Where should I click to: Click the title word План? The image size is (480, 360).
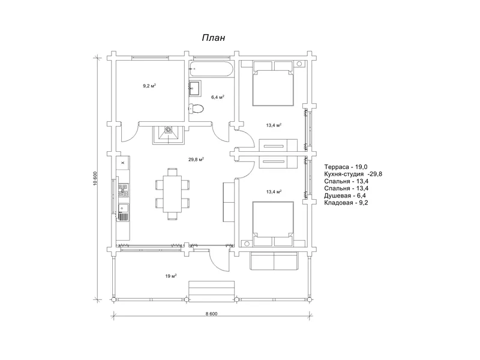coord(214,38)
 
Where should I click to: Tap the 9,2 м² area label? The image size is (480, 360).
coord(149,86)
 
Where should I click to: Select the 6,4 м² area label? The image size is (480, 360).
coord(218,97)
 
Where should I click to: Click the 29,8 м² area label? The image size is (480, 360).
coord(196,160)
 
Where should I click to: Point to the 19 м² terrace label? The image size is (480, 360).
coord(171,276)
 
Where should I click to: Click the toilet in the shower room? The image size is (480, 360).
coord(196,109)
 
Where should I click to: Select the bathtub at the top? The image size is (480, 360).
coord(211,69)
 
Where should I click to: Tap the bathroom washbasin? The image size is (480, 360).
coord(195,88)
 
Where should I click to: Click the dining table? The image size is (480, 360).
coord(172,194)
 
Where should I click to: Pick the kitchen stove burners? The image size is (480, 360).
coord(124,190)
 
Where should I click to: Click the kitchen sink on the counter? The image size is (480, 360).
coord(124,208)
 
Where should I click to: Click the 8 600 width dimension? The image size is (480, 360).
coord(212,314)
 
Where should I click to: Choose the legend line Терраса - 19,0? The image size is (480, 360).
coord(346,167)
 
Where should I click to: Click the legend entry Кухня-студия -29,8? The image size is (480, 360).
coord(353,174)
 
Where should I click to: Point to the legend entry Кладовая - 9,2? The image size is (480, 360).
coord(346,203)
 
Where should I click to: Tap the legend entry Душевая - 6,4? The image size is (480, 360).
coord(345,196)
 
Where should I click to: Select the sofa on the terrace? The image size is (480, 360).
coord(274,261)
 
